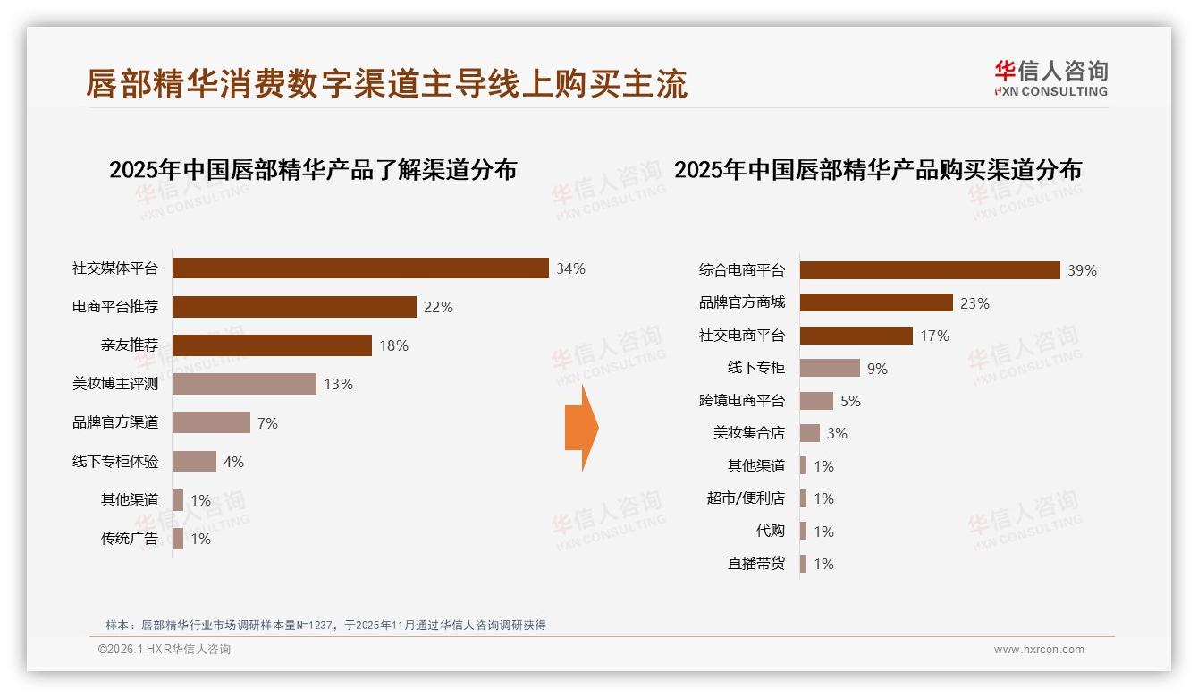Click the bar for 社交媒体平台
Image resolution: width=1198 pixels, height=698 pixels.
pos(359,268)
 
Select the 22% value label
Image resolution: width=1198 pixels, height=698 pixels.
pos(438,307)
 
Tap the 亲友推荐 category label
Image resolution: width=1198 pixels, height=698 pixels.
pos(129,345)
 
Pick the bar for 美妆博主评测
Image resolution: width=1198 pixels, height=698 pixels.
pos(244,384)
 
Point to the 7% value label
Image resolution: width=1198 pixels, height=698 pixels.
pos(267,423)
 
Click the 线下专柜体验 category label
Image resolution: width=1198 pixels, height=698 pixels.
pos(115,462)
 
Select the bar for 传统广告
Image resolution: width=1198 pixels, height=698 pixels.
pos(178,539)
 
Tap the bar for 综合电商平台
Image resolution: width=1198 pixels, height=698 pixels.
pos(930,270)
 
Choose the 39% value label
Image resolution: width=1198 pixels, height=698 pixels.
pos(1082,270)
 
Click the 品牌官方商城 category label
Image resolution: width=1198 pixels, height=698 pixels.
pos(741,302)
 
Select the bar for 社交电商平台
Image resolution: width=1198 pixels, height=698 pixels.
pos(856,336)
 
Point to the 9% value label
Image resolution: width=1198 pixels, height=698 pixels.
pos(877,369)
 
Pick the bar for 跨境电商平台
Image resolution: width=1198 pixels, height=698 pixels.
pos(816,401)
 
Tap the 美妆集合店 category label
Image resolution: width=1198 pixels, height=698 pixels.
pos(748,433)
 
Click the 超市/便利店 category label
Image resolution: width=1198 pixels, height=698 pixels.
pos(745,498)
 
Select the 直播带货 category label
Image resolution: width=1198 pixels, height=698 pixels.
pos(755,564)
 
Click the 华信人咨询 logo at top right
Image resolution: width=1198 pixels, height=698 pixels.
pos(1050,79)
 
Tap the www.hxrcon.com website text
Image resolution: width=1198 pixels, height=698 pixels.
pos(1039,650)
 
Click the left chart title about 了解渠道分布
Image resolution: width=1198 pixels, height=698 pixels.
pos(313,170)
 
